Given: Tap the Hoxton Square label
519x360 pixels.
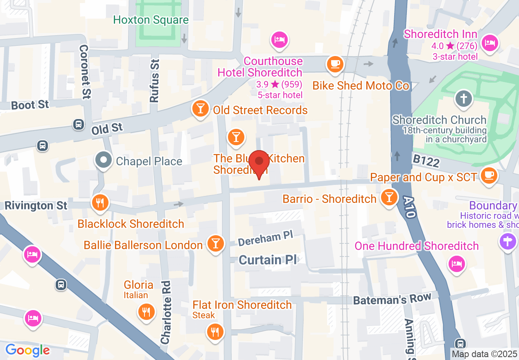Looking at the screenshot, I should [151, 20].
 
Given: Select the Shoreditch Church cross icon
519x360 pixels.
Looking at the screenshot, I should [463, 99].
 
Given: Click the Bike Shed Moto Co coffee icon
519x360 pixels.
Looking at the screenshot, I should [335, 64].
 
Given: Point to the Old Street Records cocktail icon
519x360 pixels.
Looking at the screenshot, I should [200, 109].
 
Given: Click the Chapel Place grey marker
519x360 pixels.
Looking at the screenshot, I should [103, 160].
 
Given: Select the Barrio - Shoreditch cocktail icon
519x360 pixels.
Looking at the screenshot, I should [389, 197].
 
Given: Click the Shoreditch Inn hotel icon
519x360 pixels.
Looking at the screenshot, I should [490, 42].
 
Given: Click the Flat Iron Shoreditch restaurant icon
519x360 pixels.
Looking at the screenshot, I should [214, 331].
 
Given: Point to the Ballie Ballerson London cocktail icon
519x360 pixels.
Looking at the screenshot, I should [215, 243].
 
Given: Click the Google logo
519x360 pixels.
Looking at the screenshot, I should [27, 350].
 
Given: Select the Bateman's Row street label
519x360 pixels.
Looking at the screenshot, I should [392, 299].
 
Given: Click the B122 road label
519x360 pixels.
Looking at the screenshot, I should [426, 161].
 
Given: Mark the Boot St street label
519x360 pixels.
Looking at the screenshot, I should [30, 105].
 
